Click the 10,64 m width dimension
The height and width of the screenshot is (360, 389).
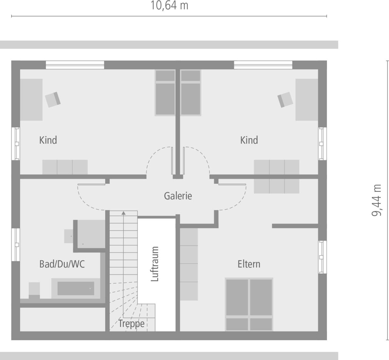click(x=169, y=5)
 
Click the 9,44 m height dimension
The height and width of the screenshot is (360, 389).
click(x=376, y=200)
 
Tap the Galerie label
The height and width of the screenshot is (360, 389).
click(x=178, y=196)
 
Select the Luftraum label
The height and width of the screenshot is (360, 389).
click(x=155, y=264)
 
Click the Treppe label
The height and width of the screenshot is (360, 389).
click(x=131, y=324)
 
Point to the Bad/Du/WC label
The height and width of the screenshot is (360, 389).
click(x=62, y=264)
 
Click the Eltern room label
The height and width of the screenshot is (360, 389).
click(x=249, y=264)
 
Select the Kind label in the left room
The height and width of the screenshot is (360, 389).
click(x=48, y=140)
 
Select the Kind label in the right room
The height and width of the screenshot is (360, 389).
click(x=249, y=140)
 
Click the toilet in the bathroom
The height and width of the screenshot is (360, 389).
click(x=34, y=289)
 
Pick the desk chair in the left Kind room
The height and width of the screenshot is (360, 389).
click(x=53, y=99)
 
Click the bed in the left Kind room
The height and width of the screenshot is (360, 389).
click(x=165, y=93)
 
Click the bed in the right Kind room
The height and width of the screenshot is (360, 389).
click(x=191, y=93)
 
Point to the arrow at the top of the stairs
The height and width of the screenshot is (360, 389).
click(x=123, y=213)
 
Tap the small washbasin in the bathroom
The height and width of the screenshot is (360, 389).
click(x=69, y=236)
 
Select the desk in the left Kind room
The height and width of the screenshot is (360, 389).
click(x=31, y=100)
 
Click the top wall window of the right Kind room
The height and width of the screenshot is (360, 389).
click(x=263, y=65)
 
